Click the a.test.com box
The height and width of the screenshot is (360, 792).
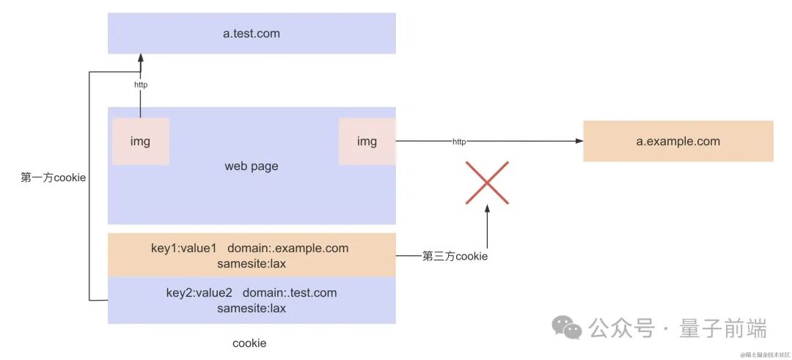coord(252,33)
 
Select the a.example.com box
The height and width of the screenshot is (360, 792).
coord(678,141)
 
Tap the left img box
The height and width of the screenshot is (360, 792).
coord(140,142)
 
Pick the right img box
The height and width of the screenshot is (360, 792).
coord(367,142)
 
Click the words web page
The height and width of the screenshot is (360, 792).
coord(252,166)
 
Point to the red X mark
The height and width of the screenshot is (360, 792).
coord(487,182)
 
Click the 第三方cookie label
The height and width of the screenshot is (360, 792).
coord(455,257)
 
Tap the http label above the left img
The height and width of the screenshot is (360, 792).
coord(141,85)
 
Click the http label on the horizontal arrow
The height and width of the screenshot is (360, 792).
coord(459,142)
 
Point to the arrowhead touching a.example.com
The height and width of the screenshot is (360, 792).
coord(579,142)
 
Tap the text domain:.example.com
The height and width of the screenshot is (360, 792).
coord(288,249)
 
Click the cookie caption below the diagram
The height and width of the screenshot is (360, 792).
coord(249,343)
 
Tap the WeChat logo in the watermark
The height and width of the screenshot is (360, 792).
coord(568,328)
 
